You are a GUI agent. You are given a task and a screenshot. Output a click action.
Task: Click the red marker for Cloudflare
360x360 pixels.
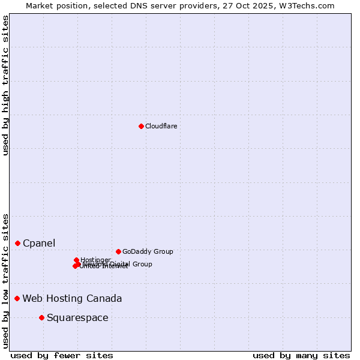[141, 126]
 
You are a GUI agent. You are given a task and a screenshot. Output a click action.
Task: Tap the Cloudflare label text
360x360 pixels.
[161, 126]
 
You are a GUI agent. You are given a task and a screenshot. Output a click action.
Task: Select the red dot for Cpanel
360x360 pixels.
[18, 243]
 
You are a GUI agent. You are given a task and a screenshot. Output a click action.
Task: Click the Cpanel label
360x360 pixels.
[39, 243]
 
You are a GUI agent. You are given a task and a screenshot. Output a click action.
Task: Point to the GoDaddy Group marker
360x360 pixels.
[118, 251]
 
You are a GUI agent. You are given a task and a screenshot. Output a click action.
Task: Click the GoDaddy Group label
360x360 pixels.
[148, 251]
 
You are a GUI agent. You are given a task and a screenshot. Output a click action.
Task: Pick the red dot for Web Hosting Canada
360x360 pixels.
[17, 298]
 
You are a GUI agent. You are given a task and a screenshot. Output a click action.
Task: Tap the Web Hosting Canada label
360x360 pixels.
[72, 298]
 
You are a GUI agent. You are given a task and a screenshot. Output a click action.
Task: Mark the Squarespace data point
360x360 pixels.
[41, 317]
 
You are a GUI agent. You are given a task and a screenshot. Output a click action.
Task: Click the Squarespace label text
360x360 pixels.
[77, 317]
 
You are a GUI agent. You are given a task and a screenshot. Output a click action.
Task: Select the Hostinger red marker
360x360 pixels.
[77, 260]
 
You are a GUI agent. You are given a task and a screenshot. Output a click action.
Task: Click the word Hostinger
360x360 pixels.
[95, 260]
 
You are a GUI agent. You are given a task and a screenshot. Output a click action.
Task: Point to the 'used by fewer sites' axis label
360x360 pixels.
[62, 355]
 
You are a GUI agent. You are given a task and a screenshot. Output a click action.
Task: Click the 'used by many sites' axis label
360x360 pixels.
[301, 355]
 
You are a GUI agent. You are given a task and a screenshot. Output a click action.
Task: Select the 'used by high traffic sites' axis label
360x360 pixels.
[5, 85]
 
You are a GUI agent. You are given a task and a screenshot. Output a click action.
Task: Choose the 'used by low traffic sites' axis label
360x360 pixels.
[5, 281]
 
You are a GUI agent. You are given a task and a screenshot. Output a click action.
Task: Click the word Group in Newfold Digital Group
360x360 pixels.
[142, 264]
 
